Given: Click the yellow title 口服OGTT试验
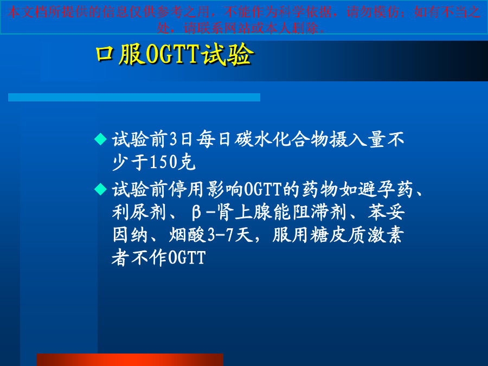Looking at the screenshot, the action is [175, 54].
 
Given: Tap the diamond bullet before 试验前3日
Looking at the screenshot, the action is [100, 139].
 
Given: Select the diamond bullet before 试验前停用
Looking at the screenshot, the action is [100, 189].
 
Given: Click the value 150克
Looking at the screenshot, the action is [173, 162].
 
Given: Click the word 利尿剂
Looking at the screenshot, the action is [139, 212].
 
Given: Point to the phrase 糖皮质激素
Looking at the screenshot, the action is [357, 235].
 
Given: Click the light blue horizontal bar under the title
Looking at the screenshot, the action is [134, 98].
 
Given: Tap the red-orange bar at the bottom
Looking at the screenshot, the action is [130, 360].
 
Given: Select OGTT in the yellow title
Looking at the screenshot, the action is [172, 54].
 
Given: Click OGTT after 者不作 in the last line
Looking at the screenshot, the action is [187, 258].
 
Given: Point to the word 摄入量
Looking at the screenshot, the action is [358, 139].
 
